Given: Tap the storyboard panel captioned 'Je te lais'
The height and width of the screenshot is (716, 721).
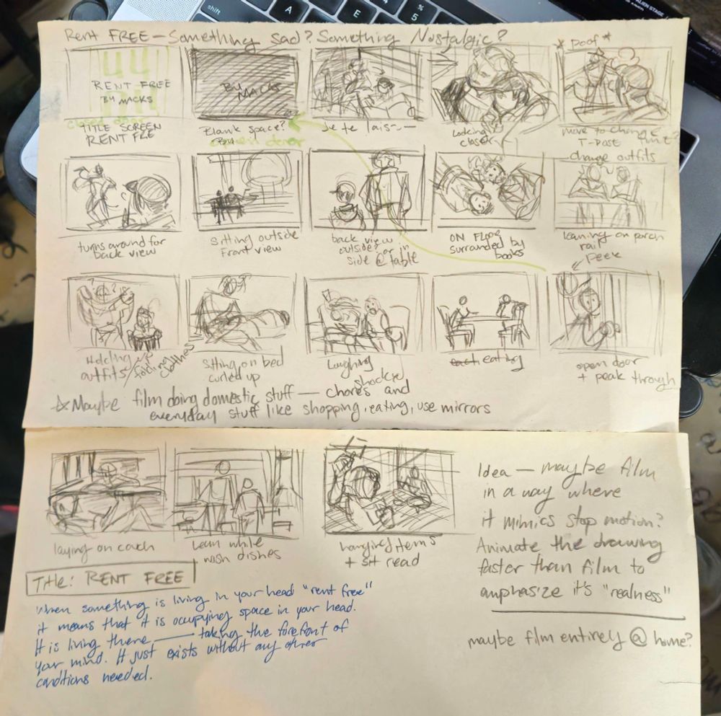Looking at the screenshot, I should click(366, 83).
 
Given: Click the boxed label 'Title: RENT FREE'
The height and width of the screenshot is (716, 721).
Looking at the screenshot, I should click(112, 578).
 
